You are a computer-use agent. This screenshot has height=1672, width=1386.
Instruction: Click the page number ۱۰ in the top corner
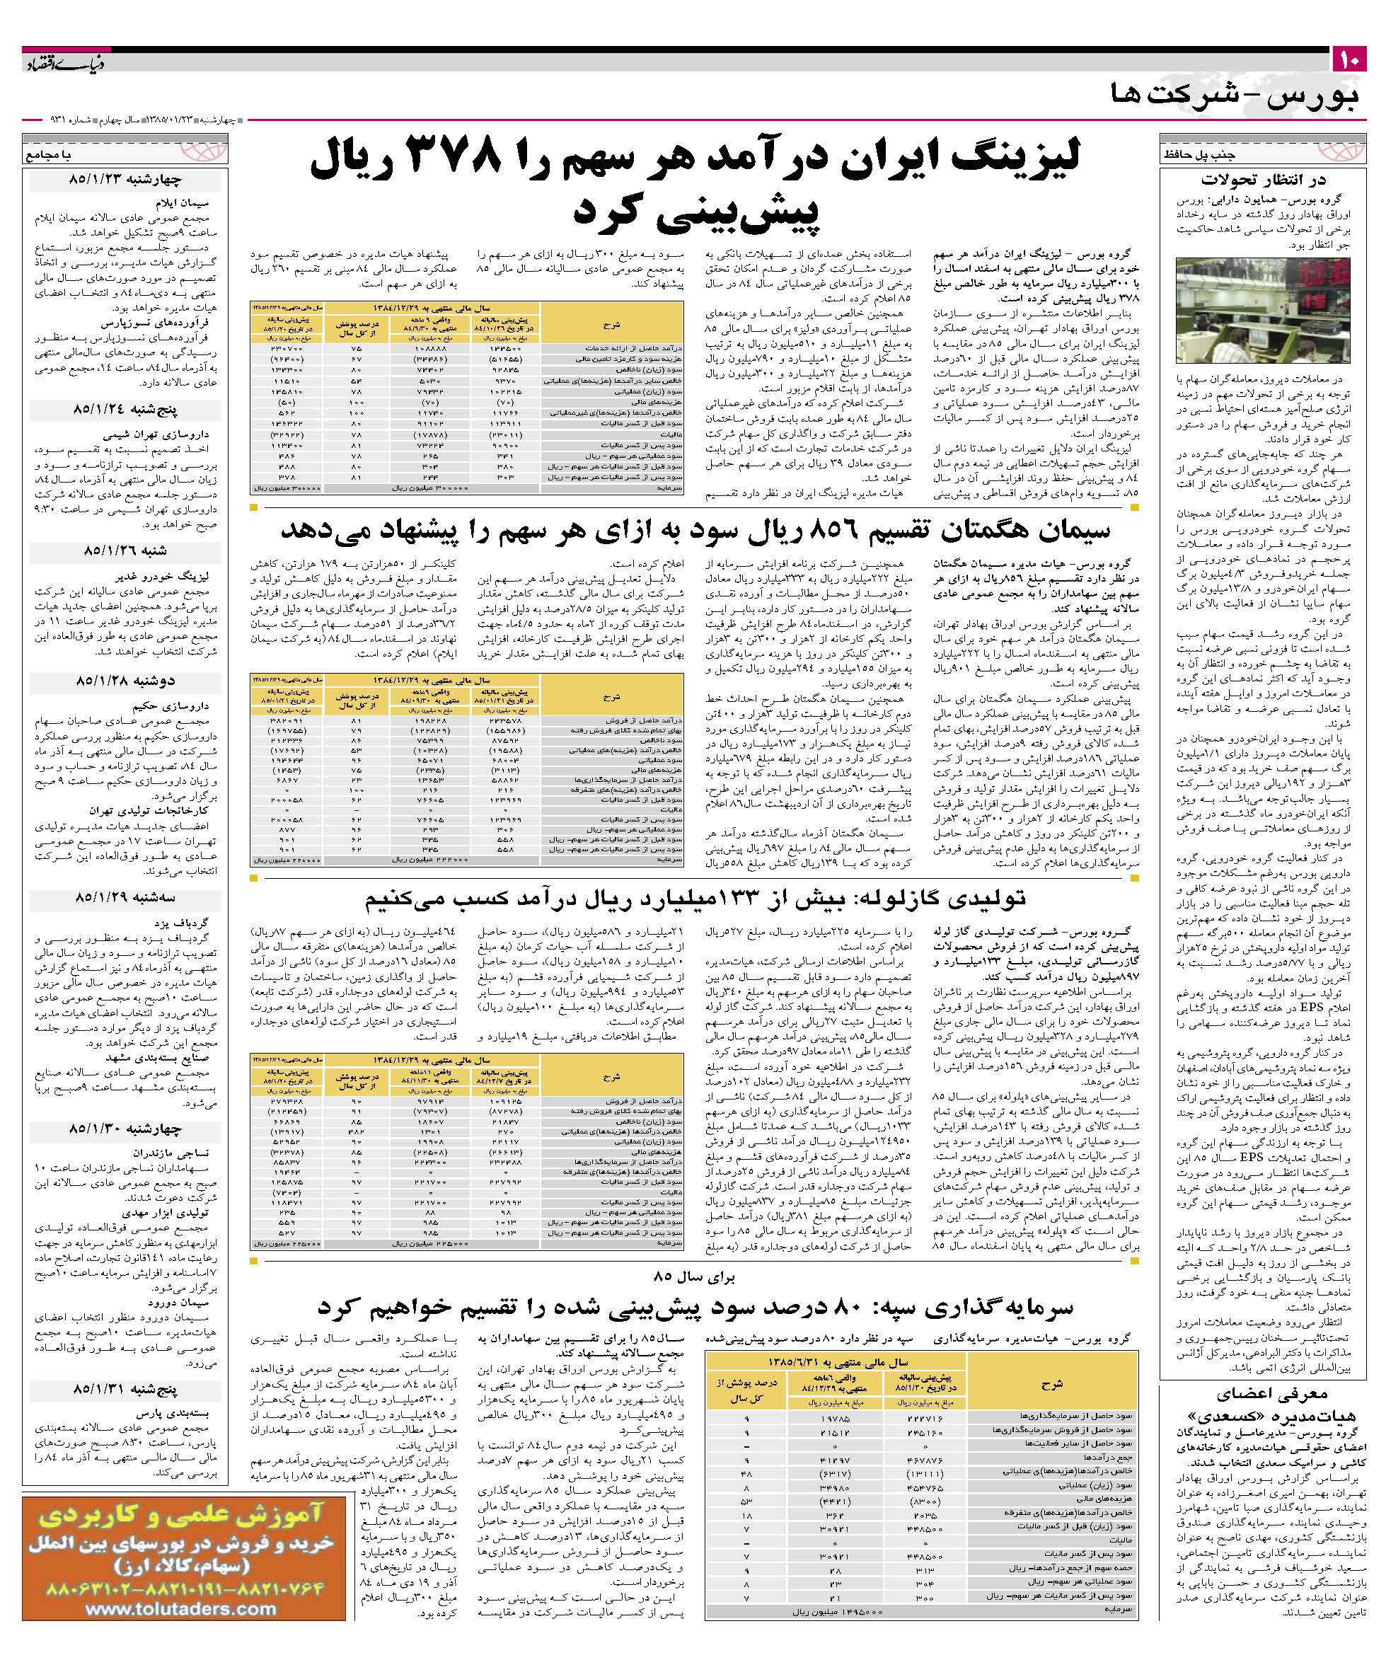tap(1349, 59)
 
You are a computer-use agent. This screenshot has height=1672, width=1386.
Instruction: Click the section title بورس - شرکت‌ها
tap(1233, 96)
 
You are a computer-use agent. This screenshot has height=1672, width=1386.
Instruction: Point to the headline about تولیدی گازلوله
tap(695, 898)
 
